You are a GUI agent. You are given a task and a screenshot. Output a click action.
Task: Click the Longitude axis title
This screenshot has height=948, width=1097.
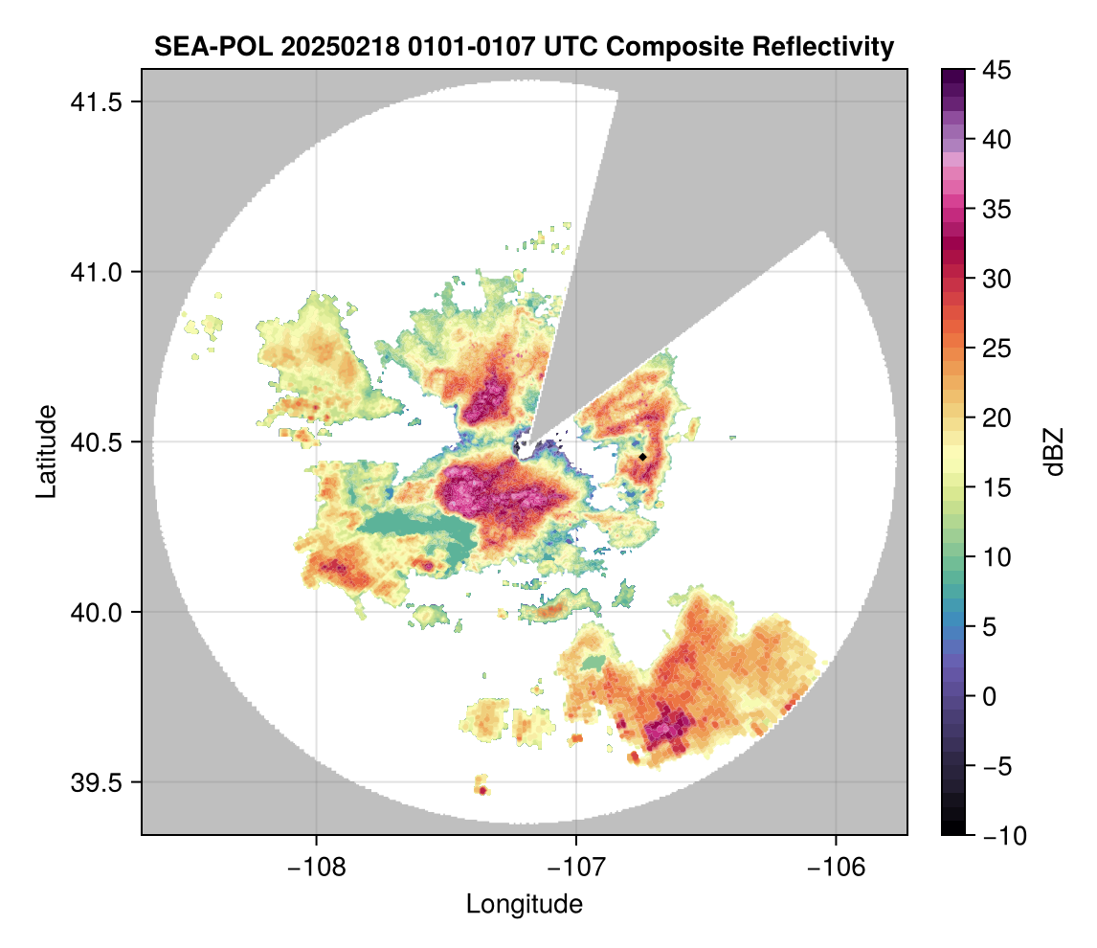coord(524,903)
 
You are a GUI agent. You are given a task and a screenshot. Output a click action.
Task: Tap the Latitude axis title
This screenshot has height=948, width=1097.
coord(45,450)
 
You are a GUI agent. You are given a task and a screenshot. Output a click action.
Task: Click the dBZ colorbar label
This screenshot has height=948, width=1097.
coord(1054,452)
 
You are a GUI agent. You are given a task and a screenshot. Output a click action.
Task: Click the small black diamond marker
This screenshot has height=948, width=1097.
coord(642,457)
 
